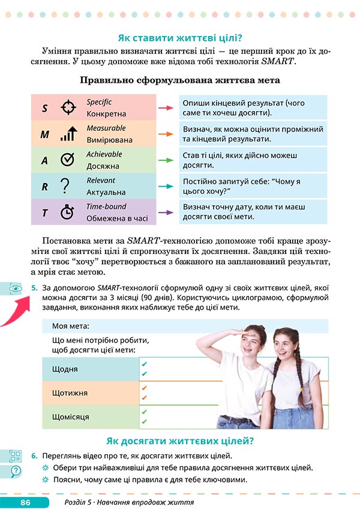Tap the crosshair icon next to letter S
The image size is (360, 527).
pos(68,108)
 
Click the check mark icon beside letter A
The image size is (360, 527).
pos(68,160)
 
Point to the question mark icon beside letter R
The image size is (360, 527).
pos(67,187)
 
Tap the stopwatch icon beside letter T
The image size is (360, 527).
pos(67,212)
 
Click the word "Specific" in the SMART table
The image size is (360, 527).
pos(99,102)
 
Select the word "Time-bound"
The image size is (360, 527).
pos(106,206)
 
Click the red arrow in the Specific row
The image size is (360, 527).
pos(165,108)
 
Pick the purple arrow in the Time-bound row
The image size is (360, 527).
pos(165,212)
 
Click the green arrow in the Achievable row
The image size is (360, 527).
pos(165,160)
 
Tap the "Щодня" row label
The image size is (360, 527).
pos(65,369)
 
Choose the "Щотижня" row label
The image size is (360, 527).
pos(70,393)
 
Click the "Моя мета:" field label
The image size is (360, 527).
pos(70,326)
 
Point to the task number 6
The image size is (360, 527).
pos(35,456)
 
